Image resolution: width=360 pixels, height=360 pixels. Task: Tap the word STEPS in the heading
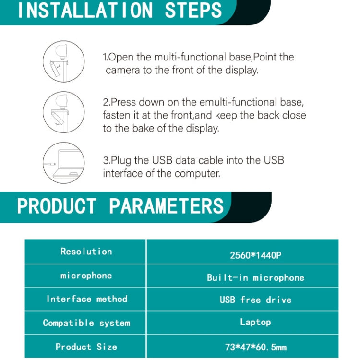[193, 11]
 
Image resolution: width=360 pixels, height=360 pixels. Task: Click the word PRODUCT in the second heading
[57, 206]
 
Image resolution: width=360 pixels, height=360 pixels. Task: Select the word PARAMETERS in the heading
[167, 206]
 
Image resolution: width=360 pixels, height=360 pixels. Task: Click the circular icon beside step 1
[63, 61]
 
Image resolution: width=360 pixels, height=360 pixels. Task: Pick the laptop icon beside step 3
[63, 163]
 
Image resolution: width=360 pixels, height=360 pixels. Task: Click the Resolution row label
[86, 252]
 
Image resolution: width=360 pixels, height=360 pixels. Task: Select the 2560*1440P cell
[255, 255]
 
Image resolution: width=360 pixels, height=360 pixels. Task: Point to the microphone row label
[86, 276]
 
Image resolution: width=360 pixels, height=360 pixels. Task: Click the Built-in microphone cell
[255, 277]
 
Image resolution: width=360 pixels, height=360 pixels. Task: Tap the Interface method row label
[87, 299]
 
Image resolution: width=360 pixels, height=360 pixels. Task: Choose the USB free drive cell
[255, 300]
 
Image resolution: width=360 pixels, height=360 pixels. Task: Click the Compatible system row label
[86, 323]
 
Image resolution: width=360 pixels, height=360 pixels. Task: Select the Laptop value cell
[255, 322]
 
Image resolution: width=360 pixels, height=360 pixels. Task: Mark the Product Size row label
[86, 347]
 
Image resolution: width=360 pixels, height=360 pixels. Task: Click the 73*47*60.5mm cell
[255, 347]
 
